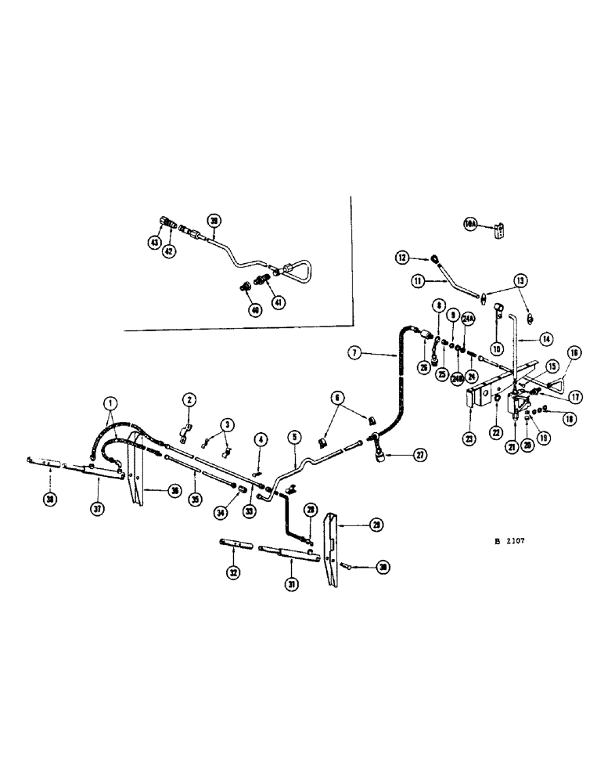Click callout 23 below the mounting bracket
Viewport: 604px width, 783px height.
coord(469,439)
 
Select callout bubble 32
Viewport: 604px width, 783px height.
coord(232,572)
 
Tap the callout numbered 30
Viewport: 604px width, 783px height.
coord(383,567)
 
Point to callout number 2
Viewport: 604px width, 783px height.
coord(189,400)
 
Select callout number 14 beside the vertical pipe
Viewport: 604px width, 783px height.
coord(545,339)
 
